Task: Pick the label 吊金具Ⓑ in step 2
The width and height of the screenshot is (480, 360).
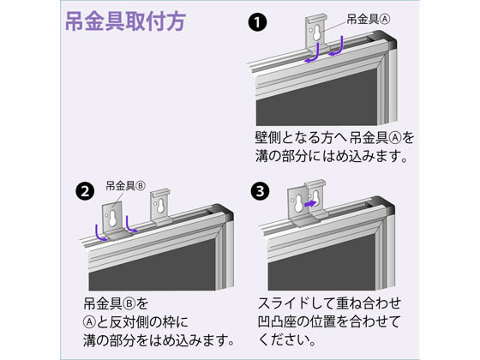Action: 123,185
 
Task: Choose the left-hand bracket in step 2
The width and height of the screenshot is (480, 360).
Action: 114,215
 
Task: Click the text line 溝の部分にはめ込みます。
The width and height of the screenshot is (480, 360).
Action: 329,158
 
